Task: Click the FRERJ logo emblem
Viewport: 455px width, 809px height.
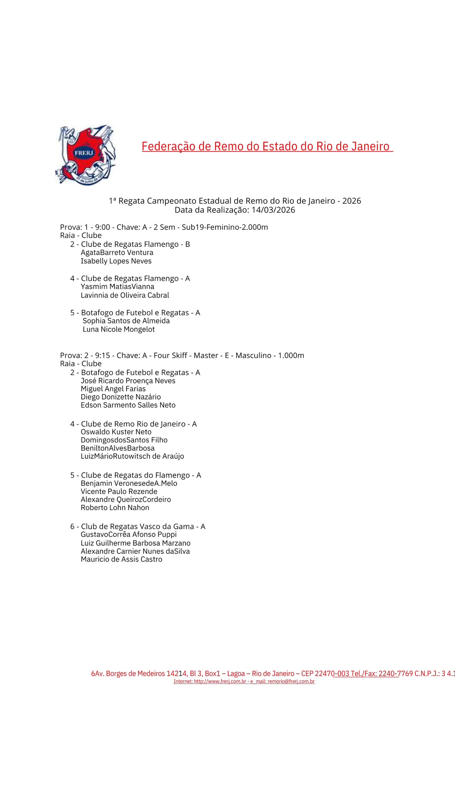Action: (x=86, y=155)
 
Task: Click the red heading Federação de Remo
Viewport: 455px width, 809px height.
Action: (x=267, y=146)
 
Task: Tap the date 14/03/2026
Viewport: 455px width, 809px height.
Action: (x=273, y=210)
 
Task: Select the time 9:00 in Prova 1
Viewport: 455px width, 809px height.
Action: (x=102, y=227)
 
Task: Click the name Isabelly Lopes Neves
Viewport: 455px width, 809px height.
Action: (x=116, y=261)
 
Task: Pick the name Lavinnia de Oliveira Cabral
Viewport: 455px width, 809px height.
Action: (x=125, y=295)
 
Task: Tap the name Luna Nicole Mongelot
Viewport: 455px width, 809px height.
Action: (x=118, y=329)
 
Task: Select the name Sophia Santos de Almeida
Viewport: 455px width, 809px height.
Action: (x=126, y=321)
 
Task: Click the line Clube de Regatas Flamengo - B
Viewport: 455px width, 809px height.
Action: (x=130, y=244)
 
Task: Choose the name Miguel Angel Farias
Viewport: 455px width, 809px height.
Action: (x=113, y=389)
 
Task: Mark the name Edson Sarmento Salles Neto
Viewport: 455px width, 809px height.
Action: (x=128, y=405)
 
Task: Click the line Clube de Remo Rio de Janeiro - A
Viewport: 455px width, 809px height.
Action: (x=133, y=424)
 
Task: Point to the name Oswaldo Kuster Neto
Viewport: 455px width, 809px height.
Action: (x=116, y=432)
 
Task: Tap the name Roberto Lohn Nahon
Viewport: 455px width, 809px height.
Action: (x=115, y=508)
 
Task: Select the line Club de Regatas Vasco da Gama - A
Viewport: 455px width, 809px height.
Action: (x=137, y=526)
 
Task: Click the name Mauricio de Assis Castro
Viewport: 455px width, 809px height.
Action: (x=121, y=559)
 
